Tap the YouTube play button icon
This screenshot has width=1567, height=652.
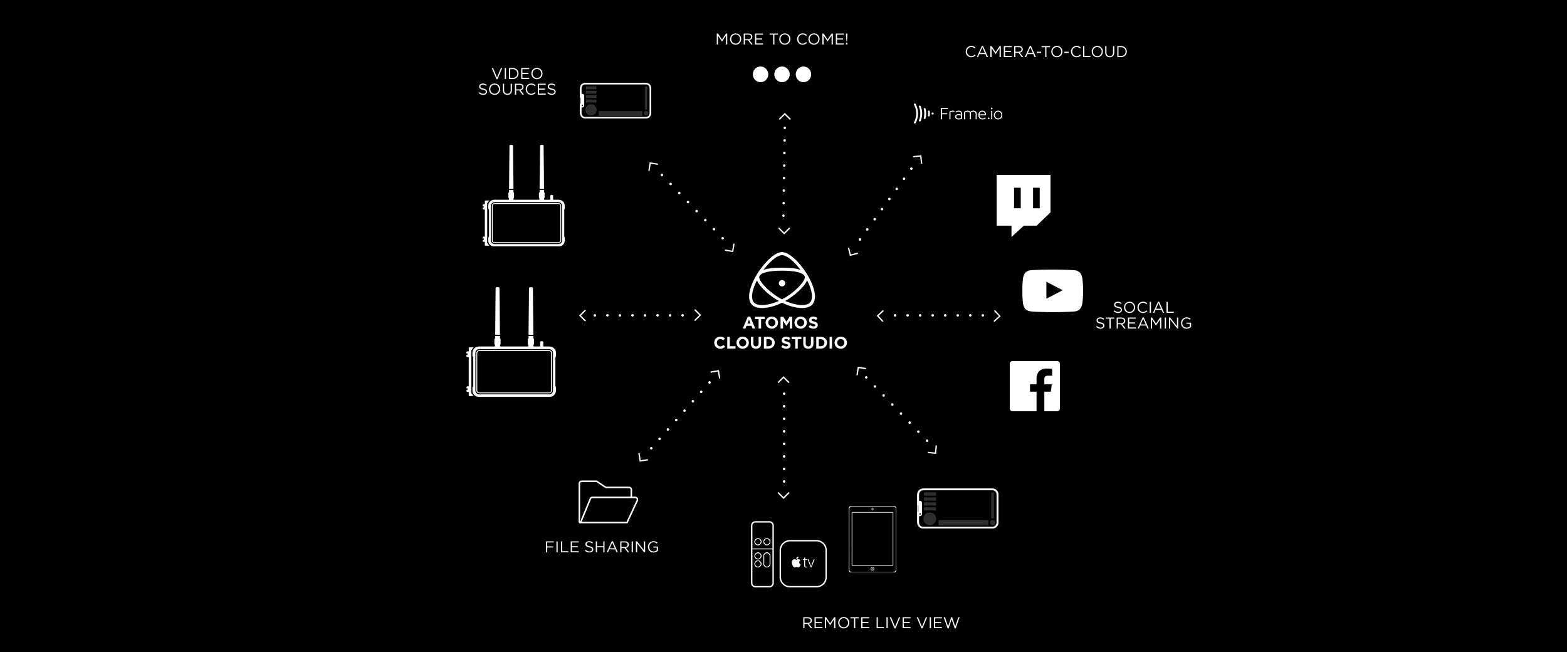point(1052,290)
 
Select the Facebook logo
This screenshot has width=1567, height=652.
point(1034,386)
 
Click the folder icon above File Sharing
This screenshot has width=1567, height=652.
point(607,502)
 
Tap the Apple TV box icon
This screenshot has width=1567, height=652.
point(803,563)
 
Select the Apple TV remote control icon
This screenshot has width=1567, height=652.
point(762,554)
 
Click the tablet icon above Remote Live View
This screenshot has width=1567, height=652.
point(873,539)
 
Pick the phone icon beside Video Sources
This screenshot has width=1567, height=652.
point(616,100)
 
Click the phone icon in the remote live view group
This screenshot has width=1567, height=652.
point(957,508)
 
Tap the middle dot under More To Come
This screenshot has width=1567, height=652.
point(782,75)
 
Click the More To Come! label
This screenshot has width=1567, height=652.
point(782,39)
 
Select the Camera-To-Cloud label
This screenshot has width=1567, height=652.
point(1046,52)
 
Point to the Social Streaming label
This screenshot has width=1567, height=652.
point(1143,315)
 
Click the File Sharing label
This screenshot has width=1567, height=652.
point(602,547)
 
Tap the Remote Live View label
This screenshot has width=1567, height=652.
point(881,623)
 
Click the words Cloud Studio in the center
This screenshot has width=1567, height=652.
point(780,343)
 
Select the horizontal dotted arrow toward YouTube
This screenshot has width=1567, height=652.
point(938,316)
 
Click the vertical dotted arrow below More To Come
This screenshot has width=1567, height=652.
point(784,174)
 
